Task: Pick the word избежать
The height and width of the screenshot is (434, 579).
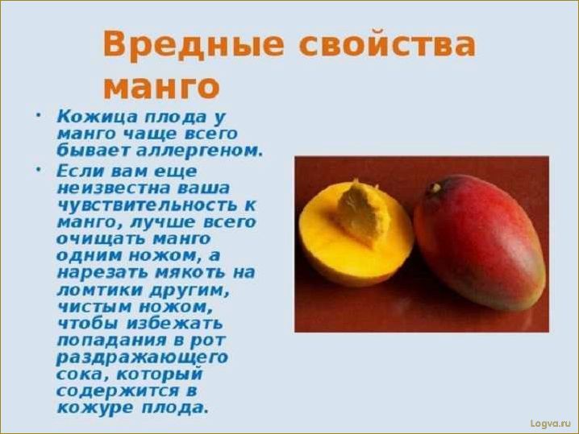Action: pos(161,323)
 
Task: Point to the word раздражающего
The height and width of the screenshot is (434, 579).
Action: pos(142,357)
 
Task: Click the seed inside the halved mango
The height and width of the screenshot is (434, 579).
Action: pos(360,213)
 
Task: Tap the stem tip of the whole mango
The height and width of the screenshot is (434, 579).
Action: pos(435,188)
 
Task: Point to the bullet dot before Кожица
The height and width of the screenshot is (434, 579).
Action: pos(37,114)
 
